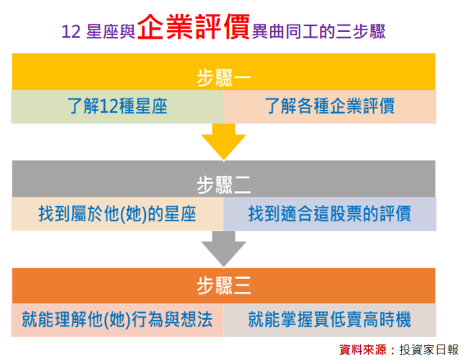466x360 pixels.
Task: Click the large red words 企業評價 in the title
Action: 194,27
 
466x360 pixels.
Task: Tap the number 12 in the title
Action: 71,31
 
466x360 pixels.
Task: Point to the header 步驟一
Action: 223,78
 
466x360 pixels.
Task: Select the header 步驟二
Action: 223,185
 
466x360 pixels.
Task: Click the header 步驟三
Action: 223,285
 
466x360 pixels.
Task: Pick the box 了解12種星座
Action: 117,107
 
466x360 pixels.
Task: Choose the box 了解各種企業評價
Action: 330,107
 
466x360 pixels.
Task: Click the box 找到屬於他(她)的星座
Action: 117,214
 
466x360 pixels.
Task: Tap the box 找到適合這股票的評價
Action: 330,214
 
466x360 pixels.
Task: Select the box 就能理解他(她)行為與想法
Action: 117,320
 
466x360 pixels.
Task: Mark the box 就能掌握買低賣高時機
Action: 330,320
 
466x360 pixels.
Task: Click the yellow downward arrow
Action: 223,142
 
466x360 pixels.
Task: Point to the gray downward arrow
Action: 223,249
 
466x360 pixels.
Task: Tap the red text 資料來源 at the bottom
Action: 363,349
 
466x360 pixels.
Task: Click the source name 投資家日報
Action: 429,349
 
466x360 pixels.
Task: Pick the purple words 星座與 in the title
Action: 111,31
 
